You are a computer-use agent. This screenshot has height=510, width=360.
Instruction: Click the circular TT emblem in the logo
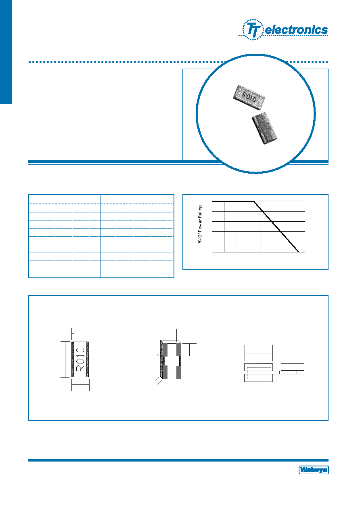(x=253, y=29)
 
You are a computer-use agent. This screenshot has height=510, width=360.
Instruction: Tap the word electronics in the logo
(x=296, y=30)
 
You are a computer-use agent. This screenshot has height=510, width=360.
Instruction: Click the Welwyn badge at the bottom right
(x=314, y=470)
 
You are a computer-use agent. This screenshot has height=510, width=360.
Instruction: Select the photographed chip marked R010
(x=249, y=97)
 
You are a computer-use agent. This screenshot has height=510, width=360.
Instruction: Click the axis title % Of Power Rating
(x=200, y=224)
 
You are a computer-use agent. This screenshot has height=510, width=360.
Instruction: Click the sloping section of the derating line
(x=276, y=227)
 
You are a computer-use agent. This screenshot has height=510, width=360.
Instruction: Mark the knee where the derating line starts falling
(x=254, y=201)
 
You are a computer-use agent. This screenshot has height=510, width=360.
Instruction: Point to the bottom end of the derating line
(x=298, y=252)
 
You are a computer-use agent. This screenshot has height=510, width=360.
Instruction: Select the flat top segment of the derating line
(x=233, y=201)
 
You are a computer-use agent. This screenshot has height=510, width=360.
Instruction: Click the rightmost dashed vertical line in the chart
(x=298, y=227)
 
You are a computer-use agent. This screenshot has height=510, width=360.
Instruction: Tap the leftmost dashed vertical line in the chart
(x=227, y=227)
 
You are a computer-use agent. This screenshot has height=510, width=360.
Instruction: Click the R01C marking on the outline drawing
(x=80, y=359)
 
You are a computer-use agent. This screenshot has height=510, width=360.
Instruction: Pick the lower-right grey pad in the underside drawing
(x=179, y=372)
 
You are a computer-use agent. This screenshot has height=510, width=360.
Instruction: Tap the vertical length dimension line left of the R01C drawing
(x=65, y=359)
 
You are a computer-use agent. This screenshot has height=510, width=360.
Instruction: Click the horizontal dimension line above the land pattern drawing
(x=259, y=353)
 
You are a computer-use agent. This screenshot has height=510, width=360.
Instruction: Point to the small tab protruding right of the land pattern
(x=276, y=372)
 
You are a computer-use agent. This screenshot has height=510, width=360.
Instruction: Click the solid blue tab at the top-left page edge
(x=6, y=52)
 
